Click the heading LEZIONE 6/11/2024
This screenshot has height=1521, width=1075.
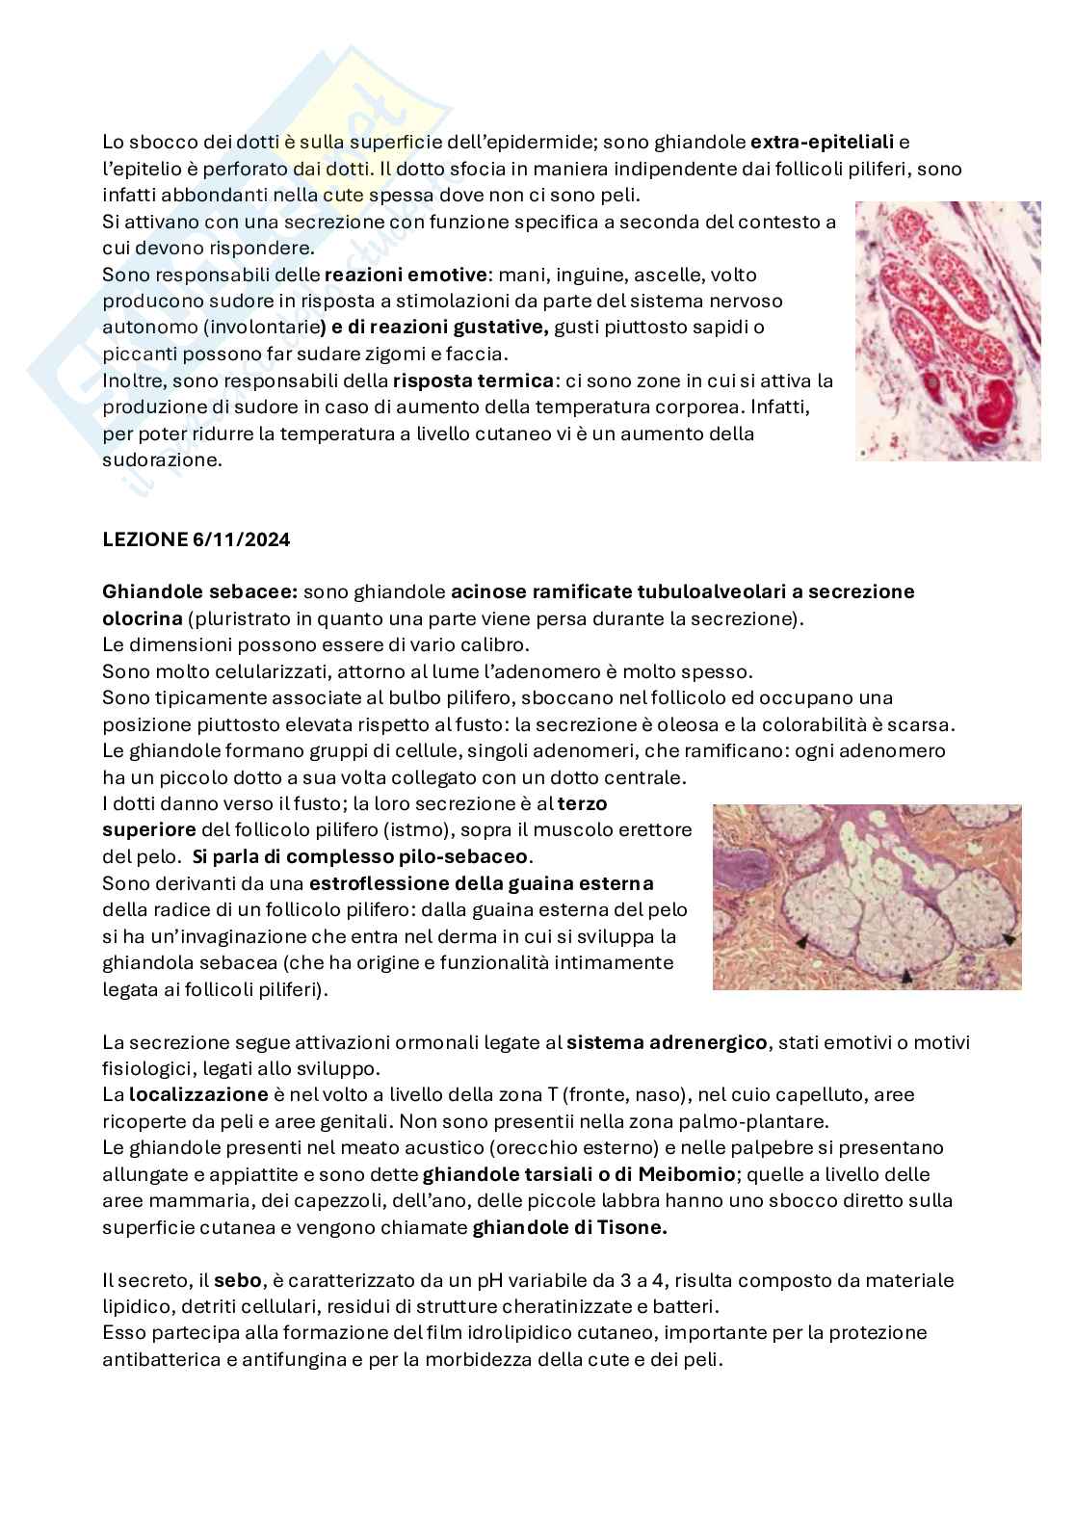(x=197, y=539)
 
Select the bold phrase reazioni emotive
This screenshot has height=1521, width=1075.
(x=406, y=275)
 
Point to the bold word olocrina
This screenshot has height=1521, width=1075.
(x=143, y=618)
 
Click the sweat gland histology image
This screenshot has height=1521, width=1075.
(x=948, y=330)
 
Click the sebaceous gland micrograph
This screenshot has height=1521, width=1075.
(x=866, y=897)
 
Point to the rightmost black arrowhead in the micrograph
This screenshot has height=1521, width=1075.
(x=1008, y=938)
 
